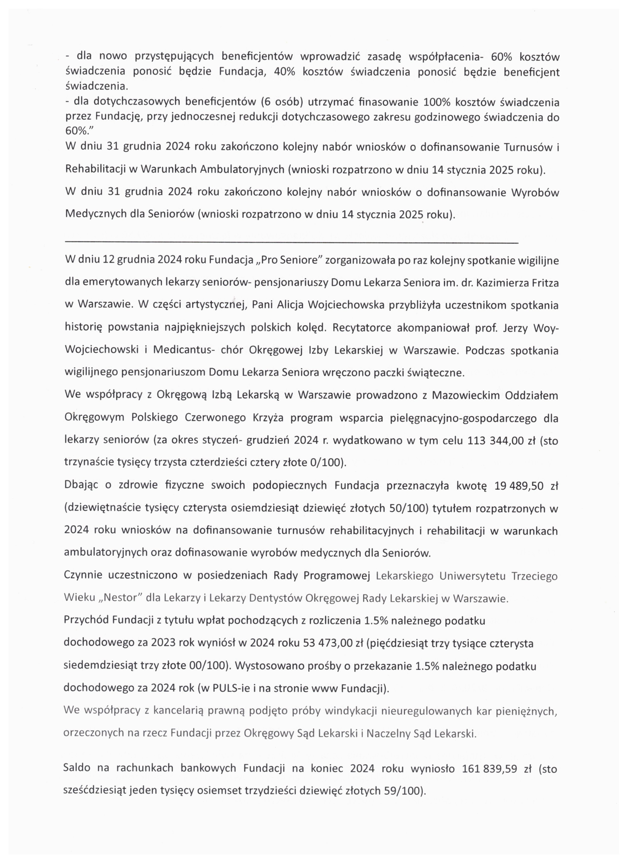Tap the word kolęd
(x=312, y=328)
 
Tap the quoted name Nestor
(x=120, y=597)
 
